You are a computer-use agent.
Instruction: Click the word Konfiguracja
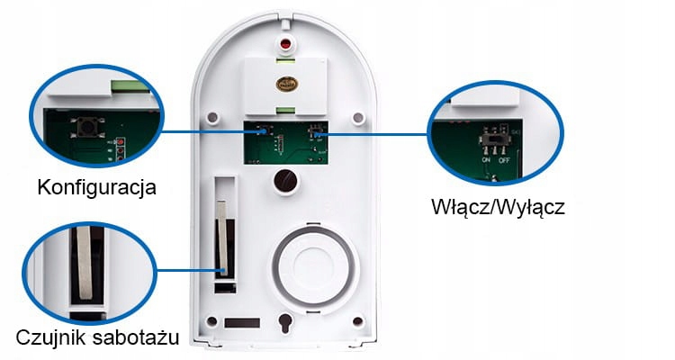click(x=97, y=188)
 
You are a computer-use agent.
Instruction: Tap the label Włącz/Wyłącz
click(x=498, y=207)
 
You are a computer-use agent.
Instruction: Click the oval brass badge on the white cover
click(x=287, y=82)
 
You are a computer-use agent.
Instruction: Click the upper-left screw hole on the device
click(x=214, y=118)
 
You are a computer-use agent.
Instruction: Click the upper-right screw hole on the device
click(x=359, y=118)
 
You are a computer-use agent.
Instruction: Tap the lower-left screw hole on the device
click(x=211, y=321)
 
